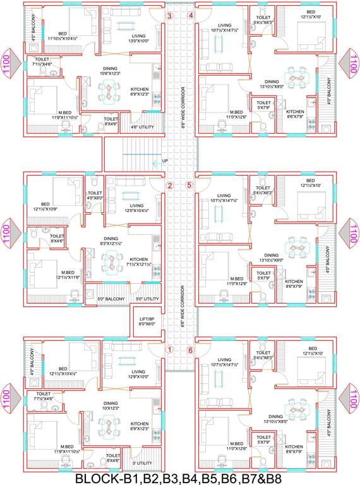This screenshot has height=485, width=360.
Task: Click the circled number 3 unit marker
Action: pyautogui.click(x=169, y=16)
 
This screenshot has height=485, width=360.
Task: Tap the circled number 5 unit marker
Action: pyautogui.click(x=189, y=185)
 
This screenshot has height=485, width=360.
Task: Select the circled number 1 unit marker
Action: pyautogui.click(x=169, y=349)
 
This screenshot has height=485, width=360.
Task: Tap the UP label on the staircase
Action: pyautogui.click(x=165, y=161)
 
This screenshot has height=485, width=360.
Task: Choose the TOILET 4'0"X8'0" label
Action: pyautogui.click(x=95, y=195)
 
